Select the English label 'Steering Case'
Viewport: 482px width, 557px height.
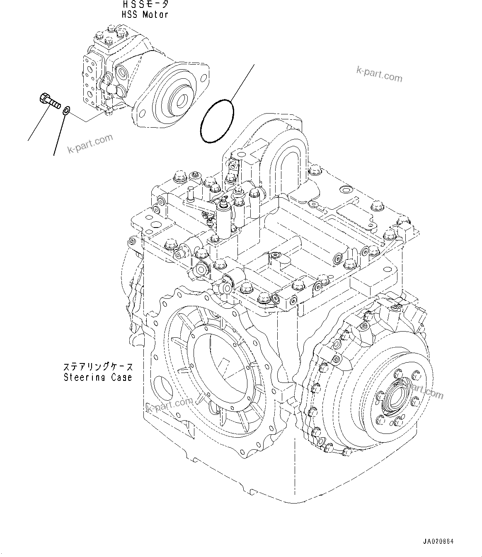coord(98,378)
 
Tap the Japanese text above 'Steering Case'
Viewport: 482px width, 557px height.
coord(98,367)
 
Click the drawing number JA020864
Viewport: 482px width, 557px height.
coord(438,542)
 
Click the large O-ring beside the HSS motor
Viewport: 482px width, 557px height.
coord(217,121)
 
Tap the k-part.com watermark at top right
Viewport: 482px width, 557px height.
coord(379,75)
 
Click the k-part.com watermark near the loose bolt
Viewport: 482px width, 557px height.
coord(90,144)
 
